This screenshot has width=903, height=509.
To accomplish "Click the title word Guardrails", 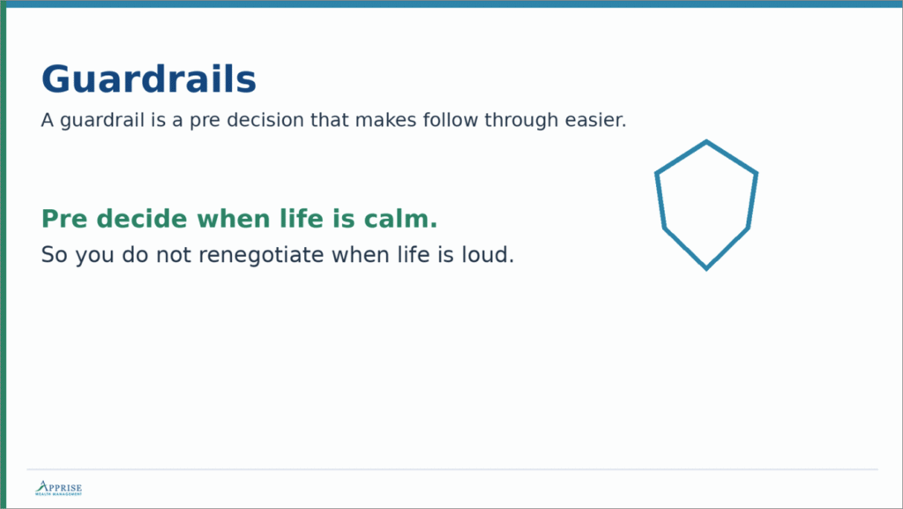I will (148, 79).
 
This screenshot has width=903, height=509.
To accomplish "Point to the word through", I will (521, 120).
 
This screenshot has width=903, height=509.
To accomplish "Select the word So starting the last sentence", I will (55, 256).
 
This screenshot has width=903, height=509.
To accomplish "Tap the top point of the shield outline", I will (706, 141).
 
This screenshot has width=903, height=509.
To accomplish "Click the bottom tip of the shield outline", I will (706, 268).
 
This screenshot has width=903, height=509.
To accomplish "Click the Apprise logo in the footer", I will (58, 489).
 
